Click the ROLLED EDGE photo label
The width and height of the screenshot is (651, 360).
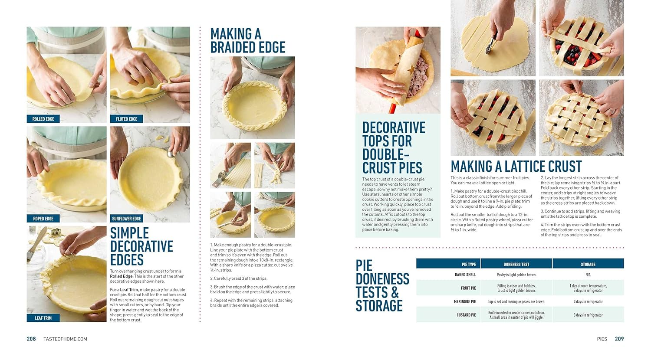pyautogui.click(x=43, y=119)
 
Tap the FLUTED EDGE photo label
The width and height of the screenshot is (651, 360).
pyautogui.click(x=126, y=119)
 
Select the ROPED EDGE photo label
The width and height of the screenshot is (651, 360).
pyautogui.click(x=43, y=219)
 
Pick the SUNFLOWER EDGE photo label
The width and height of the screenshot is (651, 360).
pyautogui.click(x=126, y=219)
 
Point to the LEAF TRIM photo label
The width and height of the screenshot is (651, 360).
pyautogui.click(x=43, y=318)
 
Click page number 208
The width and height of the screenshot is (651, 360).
pyautogui.click(x=31, y=339)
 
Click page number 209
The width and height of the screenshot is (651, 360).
pyautogui.click(x=619, y=339)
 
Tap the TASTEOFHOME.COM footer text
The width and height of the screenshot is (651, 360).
pyautogui.click(x=65, y=339)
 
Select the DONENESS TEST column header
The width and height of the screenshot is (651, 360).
pyautogui.click(x=516, y=265)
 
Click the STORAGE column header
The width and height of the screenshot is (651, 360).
pyautogui.click(x=588, y=265)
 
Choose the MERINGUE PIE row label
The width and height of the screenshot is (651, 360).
pyautogui.click(x=465, y=301)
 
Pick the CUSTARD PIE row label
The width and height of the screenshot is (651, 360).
pyautogui.click(x=466, y=315)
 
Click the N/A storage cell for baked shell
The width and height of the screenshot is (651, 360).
pyautogui.click(x=588, y=275)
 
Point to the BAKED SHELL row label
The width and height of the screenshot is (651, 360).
pyautogui.click(x=465, y=275)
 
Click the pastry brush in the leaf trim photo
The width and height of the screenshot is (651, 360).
pyautogui.click(x=35, y=245)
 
